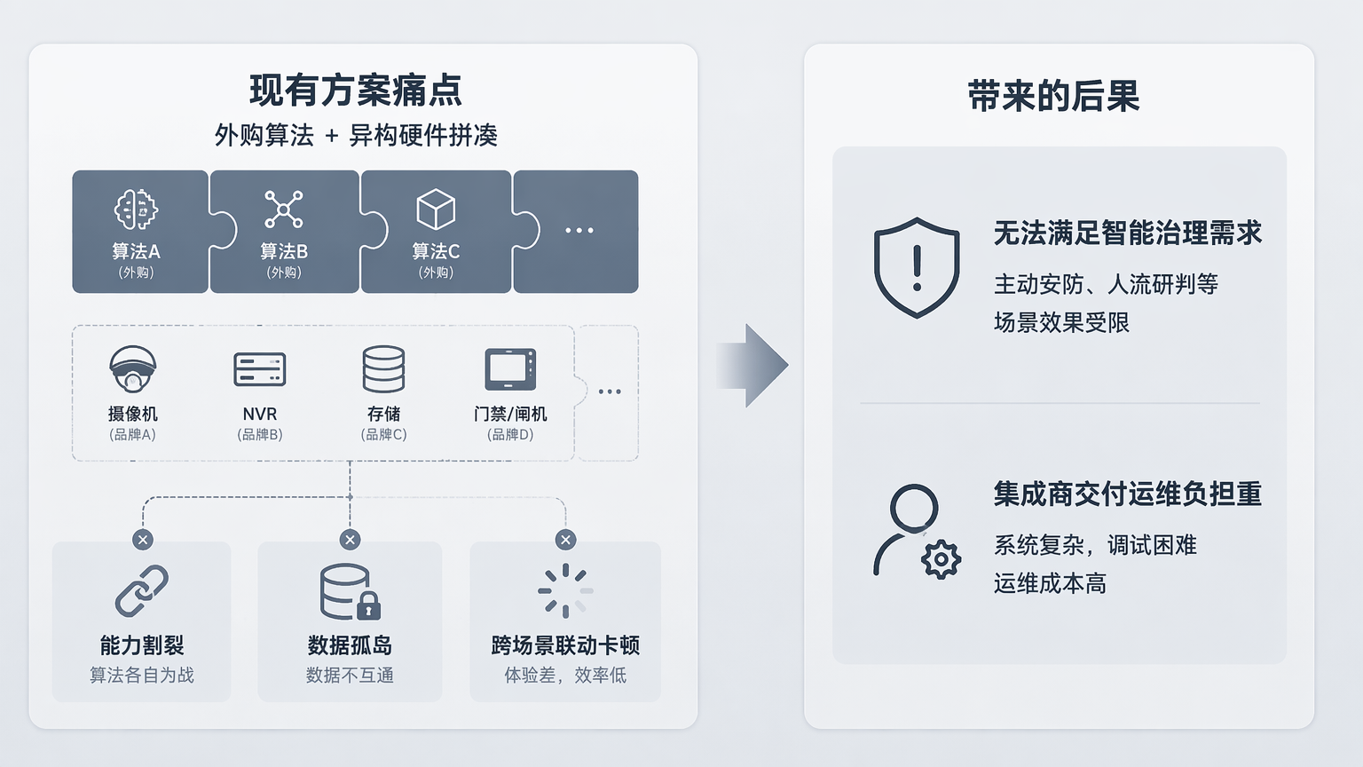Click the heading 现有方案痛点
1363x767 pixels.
355,90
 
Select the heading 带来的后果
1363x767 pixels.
1053,96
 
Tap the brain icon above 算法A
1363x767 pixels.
136,210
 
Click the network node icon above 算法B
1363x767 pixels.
284,210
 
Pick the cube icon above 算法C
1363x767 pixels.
436,210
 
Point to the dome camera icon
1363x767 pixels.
132,369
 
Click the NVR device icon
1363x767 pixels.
260,369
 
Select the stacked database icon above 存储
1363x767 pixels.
383,369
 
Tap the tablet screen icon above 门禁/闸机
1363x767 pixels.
510,369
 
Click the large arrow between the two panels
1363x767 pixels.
752,365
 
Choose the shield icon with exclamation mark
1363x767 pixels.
917,268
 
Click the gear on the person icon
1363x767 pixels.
941,559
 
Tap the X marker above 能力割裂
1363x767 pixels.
143,540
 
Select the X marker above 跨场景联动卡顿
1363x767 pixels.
566,540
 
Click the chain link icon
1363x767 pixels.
142,590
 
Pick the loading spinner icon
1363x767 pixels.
566,590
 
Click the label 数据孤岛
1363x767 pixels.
350,645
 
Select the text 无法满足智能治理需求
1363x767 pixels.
1128,233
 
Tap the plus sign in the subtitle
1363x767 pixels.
332,136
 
